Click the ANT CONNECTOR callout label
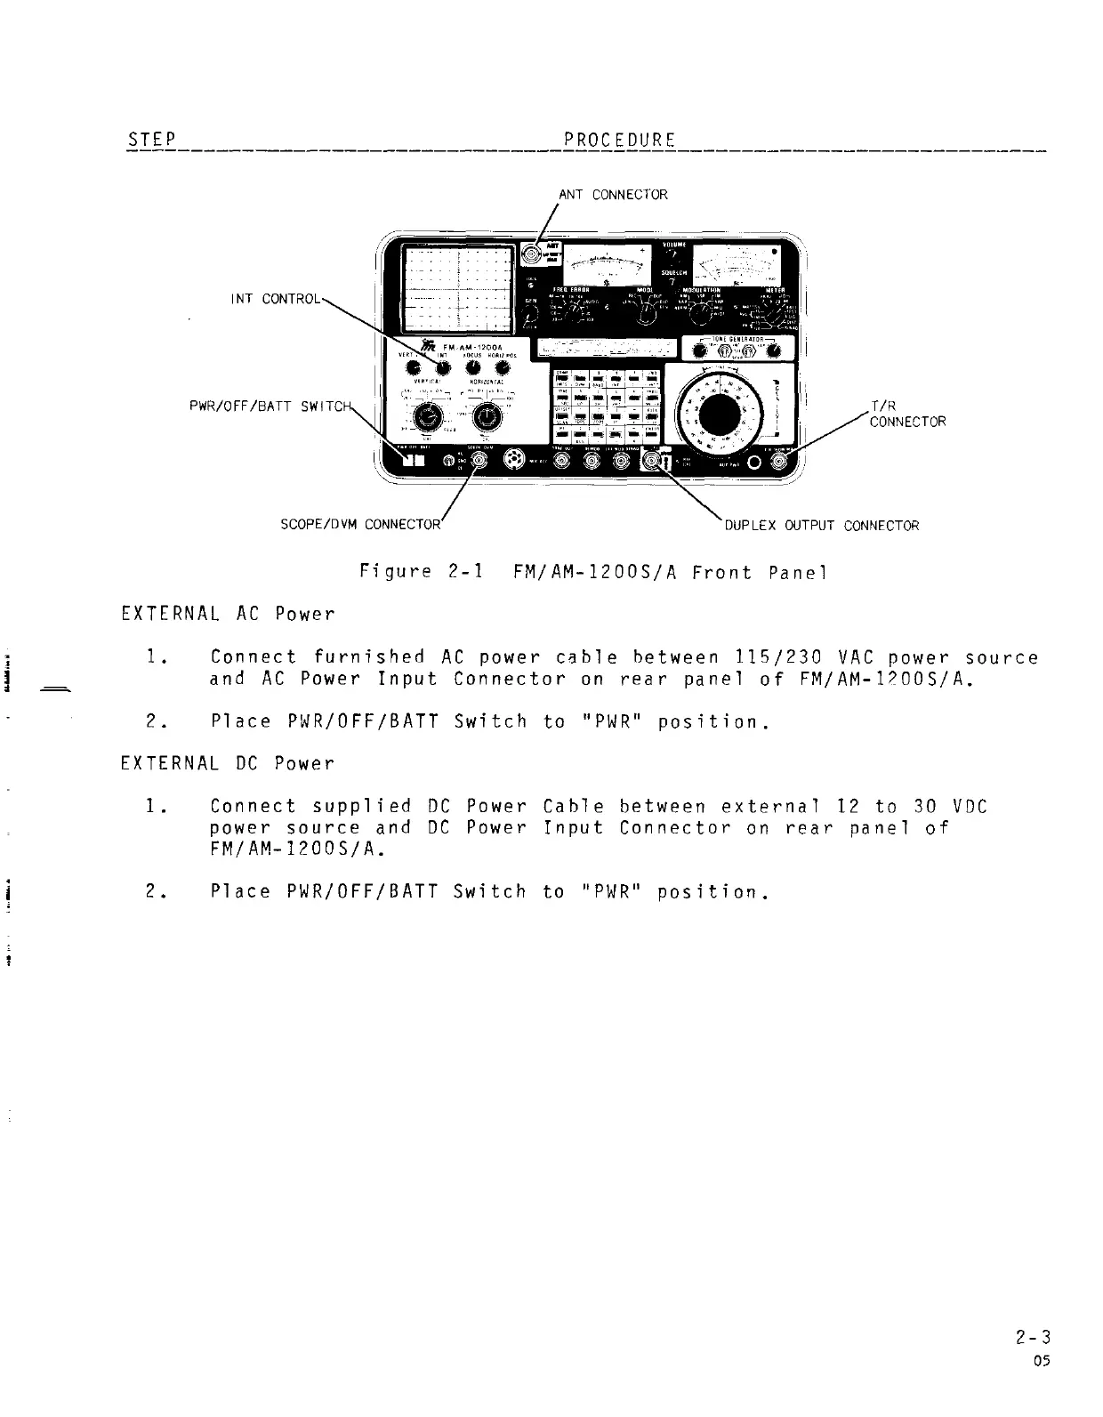612,194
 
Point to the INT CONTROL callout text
274,299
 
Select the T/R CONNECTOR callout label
906,415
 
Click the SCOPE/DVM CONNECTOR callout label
360,525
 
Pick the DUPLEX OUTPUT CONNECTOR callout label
821,526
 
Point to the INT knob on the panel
442,368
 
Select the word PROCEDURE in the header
619,141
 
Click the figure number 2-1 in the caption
462,572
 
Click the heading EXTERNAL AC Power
227,615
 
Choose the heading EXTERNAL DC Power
227,764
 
